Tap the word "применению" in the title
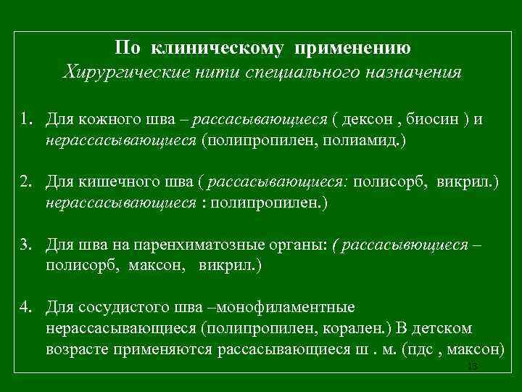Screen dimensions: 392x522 [355, 49]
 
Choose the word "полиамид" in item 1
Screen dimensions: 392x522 [360, 139]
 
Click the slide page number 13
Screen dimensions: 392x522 [473, 367]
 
